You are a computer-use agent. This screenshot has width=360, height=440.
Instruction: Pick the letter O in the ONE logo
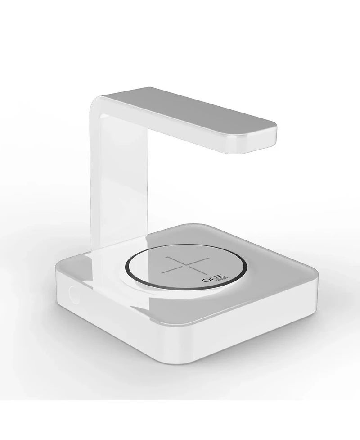207,280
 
